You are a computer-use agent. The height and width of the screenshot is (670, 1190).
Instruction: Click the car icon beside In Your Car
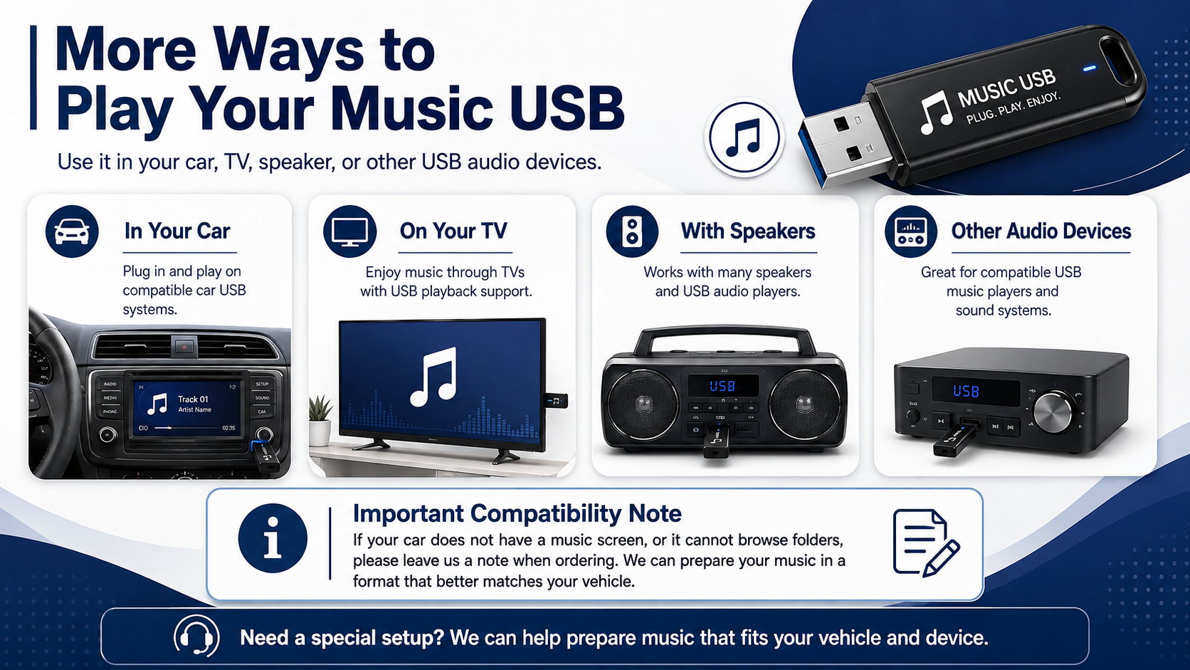pyautogui.click(x=72, y=231)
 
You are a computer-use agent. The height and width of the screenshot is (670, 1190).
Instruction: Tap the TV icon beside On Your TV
pyautogui.click(x=349, y=231)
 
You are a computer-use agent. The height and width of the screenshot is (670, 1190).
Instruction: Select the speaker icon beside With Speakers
pyautogui.click(x=632, y=231)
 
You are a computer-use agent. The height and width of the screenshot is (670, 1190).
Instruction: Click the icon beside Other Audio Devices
pyautogui.click(x=910, y=231)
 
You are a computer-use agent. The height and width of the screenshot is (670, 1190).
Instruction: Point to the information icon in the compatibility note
pyautogui.click(x=273, y=538)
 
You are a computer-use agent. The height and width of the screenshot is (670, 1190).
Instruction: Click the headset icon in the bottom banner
pyautogui.click(x=196, y=636)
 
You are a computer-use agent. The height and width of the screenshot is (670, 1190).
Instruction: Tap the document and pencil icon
pyautogui.click(x=926, y=543)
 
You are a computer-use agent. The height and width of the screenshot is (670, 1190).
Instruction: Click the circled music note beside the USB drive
pyautogui.click(x=744, y=137)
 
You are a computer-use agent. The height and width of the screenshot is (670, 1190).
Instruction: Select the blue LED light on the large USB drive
pyautogui.click(x=1089, y=68)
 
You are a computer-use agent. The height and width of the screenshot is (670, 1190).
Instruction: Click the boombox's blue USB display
pyautogui.click(x=722, y=386)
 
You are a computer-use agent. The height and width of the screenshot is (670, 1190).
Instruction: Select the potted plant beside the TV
pyautogui.click(x=320, y=421)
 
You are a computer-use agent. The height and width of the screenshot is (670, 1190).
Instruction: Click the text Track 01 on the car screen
pyautogui.click(x=193, y=399)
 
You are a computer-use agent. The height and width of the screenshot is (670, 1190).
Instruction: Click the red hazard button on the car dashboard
pyautogui.click(x=184, y=347)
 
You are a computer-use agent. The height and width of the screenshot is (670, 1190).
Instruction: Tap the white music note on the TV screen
pyautogui.click(x=433, y=377)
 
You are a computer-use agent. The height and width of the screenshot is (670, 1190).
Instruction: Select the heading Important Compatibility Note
pyautogui.click(x=517, y=513)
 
